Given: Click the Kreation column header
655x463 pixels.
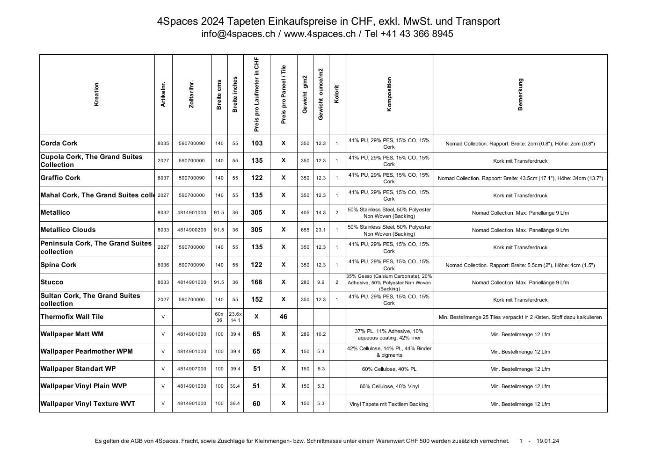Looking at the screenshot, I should pos(97,94).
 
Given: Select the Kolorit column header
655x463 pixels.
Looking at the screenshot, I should pos(337,94).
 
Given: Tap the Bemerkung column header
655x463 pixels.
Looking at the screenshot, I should pos(520,94).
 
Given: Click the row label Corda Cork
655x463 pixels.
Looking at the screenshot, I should pos(59,143).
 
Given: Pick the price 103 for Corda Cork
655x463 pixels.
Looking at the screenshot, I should pos(257,143).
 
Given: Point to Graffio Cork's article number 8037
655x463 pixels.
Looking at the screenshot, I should pos(163,178).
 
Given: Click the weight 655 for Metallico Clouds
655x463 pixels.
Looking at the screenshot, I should pos(305,230).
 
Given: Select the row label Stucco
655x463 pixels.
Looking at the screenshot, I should pos(52,282).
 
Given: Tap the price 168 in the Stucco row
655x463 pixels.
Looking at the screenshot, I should pos(257,282).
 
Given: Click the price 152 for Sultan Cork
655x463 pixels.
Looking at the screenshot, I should pos(257,299).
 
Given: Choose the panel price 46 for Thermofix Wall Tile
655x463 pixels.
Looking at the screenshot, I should pos(284,317).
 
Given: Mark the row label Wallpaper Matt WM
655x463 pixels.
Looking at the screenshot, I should pos(72,334).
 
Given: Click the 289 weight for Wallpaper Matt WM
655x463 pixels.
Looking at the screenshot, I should pos(305,334).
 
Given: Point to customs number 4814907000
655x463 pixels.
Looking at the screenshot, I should pos(192,369).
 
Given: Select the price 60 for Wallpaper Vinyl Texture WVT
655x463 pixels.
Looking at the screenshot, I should pos(256,403).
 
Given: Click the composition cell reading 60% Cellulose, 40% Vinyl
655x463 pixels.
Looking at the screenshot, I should pos(389,386).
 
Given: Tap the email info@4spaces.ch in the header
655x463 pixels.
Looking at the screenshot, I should pos(239,34).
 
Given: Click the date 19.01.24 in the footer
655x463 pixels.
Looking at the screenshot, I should pos(548,441).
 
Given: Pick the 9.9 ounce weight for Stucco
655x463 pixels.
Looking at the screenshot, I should pos(320,282).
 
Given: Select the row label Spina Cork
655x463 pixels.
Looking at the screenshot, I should pos(58,265).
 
